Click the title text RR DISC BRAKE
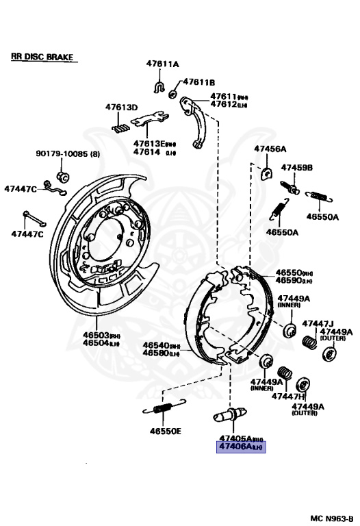point(42,58)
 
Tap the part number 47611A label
point(162,64)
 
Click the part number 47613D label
point(121,108)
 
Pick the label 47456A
point(270,149)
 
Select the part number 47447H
point(288,396)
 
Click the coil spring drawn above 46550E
point(162,410)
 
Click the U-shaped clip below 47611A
point(158,86)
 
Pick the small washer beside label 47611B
point(173,92)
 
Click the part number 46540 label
point(157,346)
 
